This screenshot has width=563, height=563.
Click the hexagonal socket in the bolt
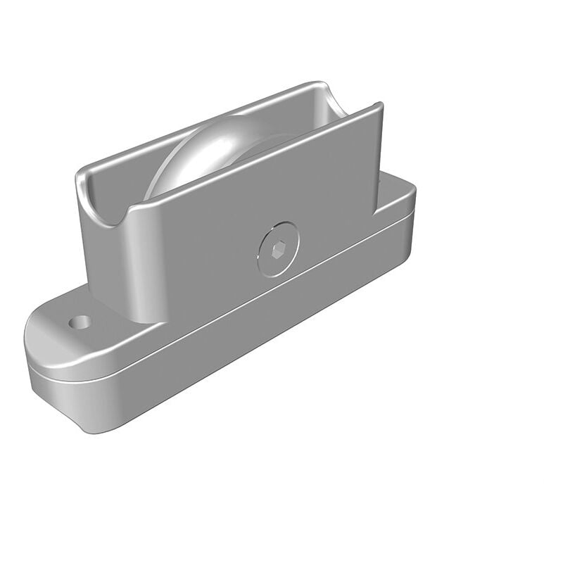coord(277,250)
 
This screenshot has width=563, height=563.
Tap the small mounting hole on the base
coord(80,322)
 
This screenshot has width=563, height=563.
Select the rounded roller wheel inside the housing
coord(211,151)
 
